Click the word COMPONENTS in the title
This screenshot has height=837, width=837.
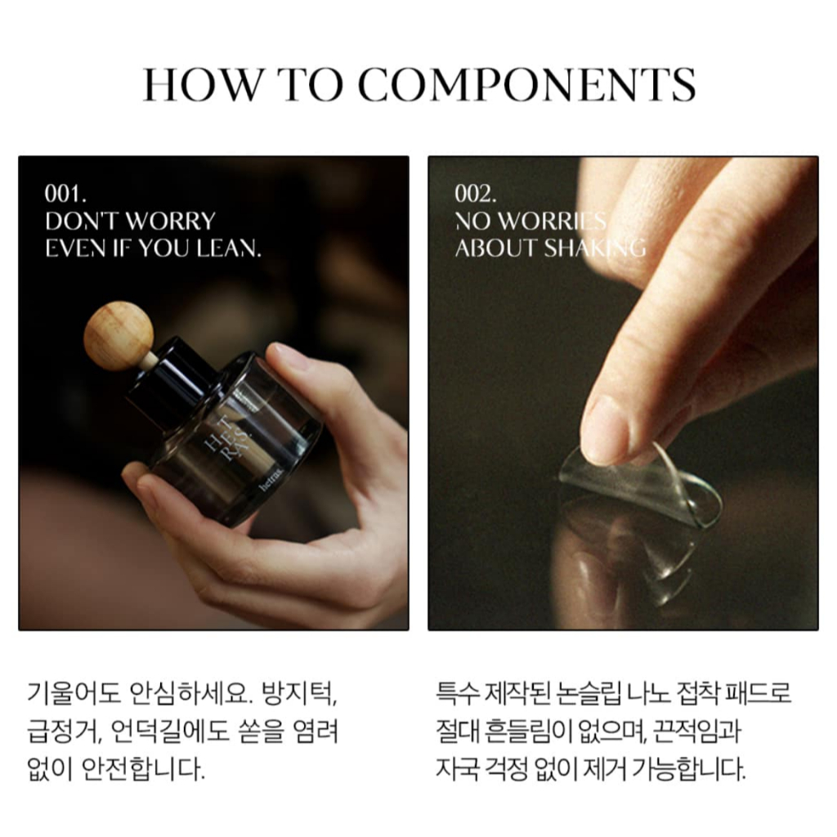coord(527,85)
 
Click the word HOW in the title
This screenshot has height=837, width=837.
coord(203,85)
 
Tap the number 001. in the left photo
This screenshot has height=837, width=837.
coord(65,194)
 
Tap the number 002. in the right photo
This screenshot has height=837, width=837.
coord(475,194)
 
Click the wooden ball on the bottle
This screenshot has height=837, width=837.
coord(119,335)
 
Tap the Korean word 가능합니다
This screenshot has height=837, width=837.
coord(689,769)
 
